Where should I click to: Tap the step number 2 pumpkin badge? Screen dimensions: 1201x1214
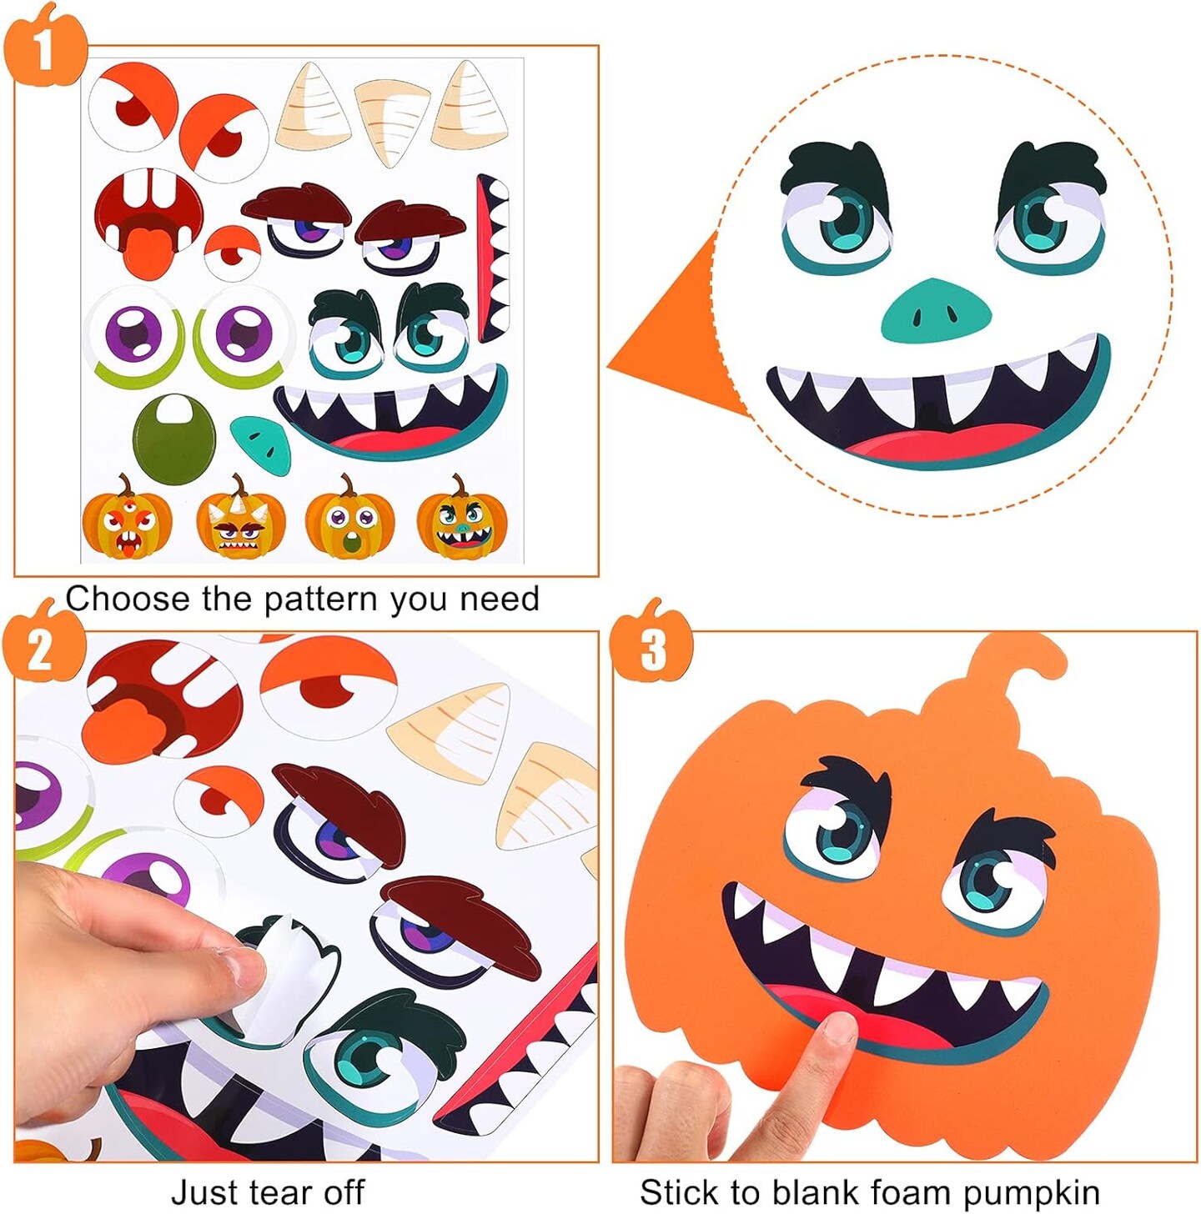click(x=43, y=650)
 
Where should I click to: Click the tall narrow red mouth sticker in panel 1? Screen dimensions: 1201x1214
click(x=492, y=258)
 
